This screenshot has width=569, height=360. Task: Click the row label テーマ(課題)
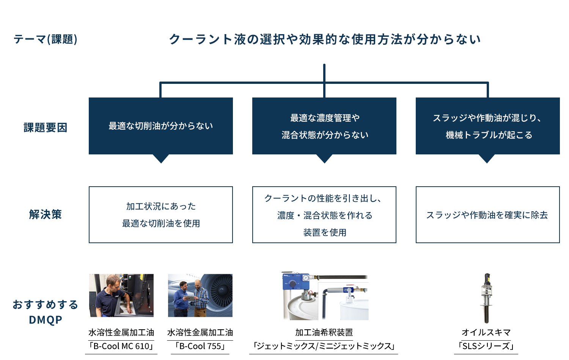click(x=46, y=39)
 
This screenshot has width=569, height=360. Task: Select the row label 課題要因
click(x=46, y=127)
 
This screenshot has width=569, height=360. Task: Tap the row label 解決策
click(x=46, y=214)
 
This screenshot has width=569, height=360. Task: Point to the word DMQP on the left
click(x=46, y=320)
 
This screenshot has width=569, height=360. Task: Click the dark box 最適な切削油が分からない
click(x=161, y=126)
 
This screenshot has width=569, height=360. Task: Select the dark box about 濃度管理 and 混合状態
click(x=324, y=126)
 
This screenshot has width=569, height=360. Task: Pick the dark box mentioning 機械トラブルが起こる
click(x=488, y=126)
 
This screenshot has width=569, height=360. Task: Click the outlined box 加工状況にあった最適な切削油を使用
click(x=161, y=215)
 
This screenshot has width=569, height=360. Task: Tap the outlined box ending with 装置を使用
click(x=324, y=215)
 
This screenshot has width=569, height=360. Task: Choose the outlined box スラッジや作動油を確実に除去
click(x=488, y=215)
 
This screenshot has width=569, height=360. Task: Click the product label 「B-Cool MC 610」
click(x=121, y=346)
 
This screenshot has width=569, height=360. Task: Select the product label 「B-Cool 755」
click(x=200, y=346)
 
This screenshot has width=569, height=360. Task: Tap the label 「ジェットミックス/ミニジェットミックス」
click(x=324, y=346)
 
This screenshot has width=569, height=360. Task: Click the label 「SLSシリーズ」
click(x=486, y=346)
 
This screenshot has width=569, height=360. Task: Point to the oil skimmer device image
click(x=486, y=298)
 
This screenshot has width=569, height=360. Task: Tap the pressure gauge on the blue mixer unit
click(x=307, y=278)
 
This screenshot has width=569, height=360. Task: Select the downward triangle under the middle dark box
click(x=324, y=159)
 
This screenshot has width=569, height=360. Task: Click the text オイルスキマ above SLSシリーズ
click(x=486, y=332)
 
